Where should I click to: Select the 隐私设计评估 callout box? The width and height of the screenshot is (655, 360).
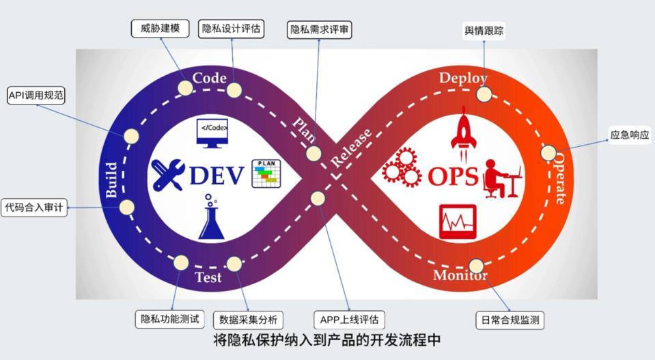point(232,29)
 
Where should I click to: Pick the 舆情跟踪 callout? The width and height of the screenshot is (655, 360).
point(485,31)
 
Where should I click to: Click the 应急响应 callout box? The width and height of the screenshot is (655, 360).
point(629,135)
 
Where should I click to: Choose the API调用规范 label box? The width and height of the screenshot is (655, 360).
point(36,96)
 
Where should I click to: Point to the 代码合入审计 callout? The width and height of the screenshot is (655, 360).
point(36,207)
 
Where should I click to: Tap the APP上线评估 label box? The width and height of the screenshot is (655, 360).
point(350,319)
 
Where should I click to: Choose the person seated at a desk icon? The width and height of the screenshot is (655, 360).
point(501,179)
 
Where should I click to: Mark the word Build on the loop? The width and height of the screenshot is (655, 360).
point(112,180)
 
